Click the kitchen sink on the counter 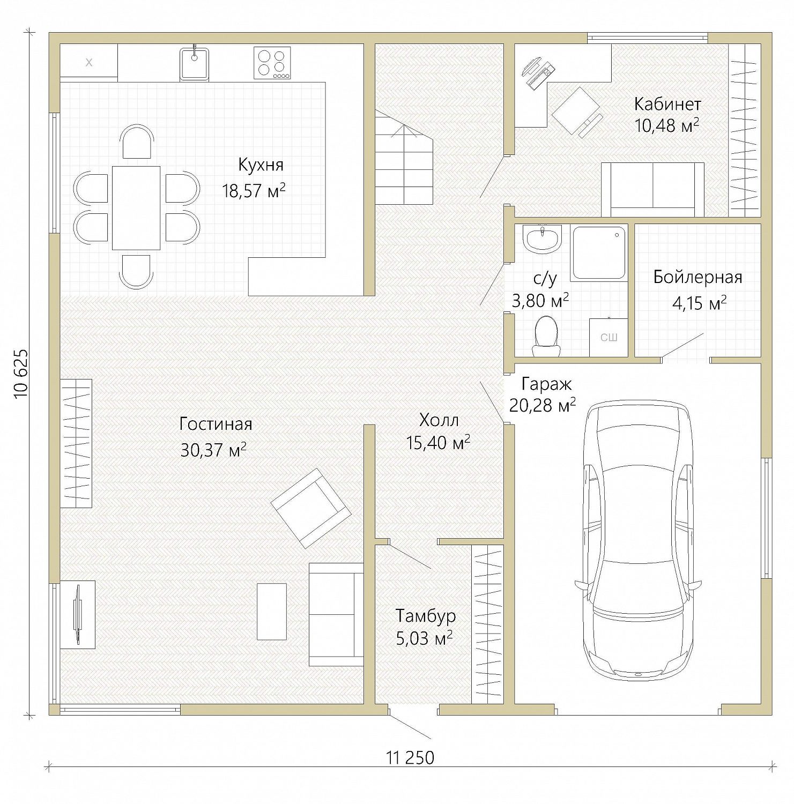pos(194,64)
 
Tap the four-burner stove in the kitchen pos(272,63)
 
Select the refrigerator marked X pos(88,62)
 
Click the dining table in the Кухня pos(136,208)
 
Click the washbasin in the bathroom pos(542,239)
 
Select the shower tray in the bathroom pos(599,252)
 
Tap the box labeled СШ pos(609,338)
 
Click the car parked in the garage pos(637,540)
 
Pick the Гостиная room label pos(216,424)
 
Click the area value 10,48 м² pos(666,125)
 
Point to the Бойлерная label pos(697,277)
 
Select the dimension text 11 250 pos(410,757)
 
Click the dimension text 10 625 pos(21,374)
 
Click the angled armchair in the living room pos(311,508)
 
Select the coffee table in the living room pos(272,612)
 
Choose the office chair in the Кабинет pos(576,111)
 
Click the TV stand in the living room pos(78,615)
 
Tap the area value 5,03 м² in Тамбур pos(424,638)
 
